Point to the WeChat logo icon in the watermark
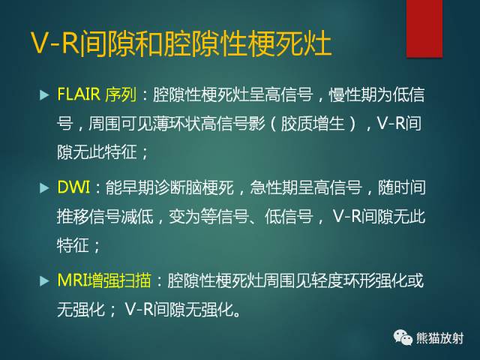point(402,337)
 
